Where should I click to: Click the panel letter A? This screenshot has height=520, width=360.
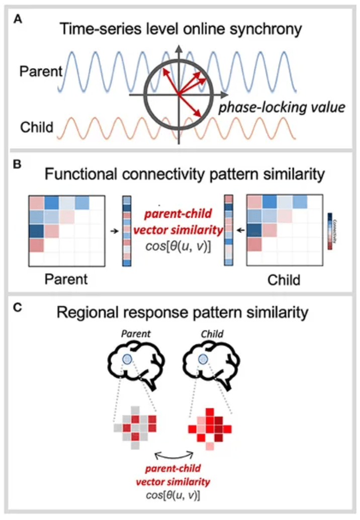pos(19,19)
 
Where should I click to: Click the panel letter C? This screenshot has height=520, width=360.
pos(19,307)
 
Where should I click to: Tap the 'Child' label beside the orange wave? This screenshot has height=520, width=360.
pos(36,126)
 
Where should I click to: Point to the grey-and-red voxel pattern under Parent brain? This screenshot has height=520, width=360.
pos(135,425)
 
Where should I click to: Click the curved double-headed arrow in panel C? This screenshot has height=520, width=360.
pos(173,456)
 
